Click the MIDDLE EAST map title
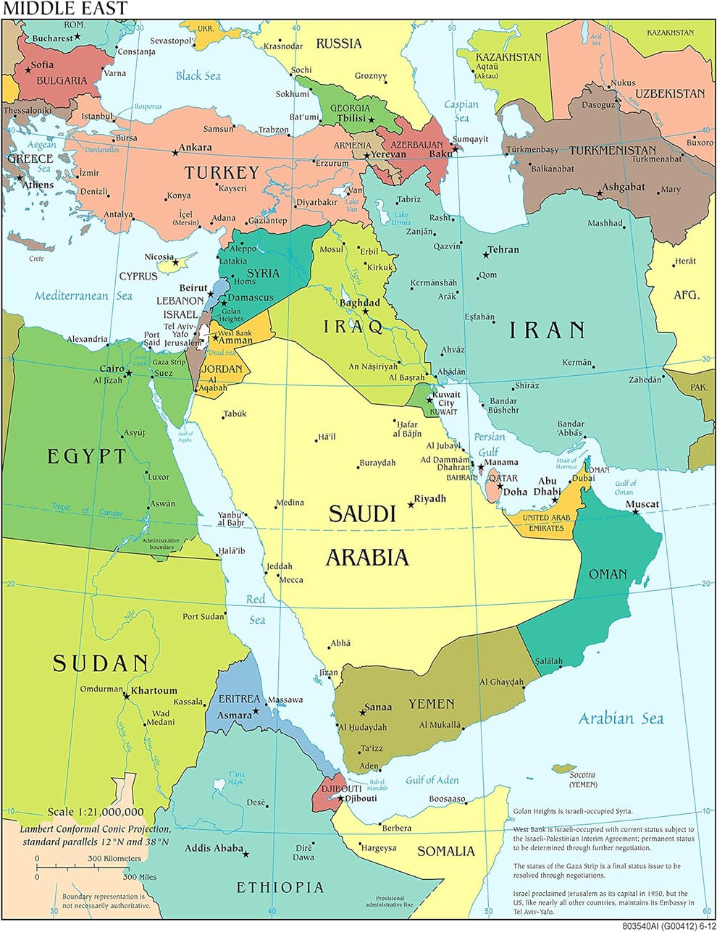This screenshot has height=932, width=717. tap(64, 9)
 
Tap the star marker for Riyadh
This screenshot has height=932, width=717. tap(411, 504)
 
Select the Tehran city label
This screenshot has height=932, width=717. tap(503, 249)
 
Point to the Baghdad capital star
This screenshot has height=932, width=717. tap(366, 312)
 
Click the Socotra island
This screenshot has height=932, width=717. tap(563, 768)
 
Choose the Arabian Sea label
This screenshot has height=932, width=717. tap(621, 718)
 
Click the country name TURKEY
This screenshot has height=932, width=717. tap(221, 172)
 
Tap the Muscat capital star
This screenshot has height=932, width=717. tap(635, 512)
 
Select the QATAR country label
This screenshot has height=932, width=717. tap(503, 478)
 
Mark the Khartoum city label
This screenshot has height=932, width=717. tap(154, 690)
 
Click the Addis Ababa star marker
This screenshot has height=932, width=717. tap(246, 855)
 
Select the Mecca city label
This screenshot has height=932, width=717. tap(291, 579)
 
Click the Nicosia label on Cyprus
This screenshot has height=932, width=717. tap(159, 256)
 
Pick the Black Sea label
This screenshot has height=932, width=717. tap(198, 75)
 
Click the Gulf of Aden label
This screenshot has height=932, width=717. tap(432, 780)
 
